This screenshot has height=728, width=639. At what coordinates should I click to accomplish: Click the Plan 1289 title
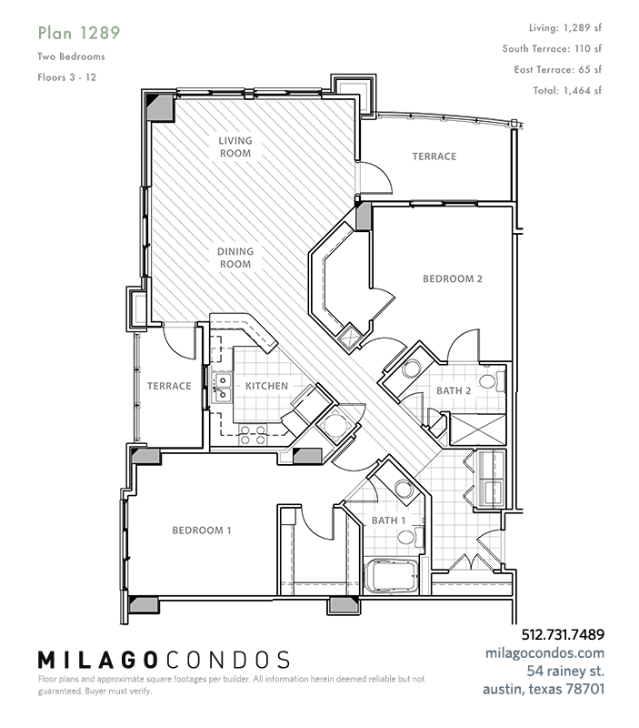point(79,33)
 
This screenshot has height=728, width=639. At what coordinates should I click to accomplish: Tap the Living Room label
point(235,147)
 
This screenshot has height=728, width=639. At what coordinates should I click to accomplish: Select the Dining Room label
point(235,258)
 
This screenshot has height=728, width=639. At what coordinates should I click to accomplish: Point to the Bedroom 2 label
point(453,278)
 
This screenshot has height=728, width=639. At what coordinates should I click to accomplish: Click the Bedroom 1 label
point(202,531)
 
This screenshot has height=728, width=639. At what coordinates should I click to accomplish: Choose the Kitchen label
point(266,386)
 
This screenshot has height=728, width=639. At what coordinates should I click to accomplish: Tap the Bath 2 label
point(454,391)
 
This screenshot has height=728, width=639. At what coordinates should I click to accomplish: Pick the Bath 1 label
point(389,521)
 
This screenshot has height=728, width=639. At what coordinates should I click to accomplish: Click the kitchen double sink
point(221,388)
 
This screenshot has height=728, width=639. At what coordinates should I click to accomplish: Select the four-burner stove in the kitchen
point(254,435)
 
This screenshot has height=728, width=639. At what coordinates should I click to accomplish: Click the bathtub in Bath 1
point(392,577)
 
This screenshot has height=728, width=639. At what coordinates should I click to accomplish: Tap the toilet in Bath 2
point(492,380)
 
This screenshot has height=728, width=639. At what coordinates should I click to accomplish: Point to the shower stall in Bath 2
point(477,430)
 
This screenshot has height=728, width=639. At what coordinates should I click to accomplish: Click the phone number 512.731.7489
point(563,634)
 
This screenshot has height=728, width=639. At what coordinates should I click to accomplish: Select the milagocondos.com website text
point(544,653)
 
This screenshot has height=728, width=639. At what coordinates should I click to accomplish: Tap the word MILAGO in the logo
point(96,660)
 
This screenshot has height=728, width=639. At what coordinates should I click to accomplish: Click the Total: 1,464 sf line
point(567,90)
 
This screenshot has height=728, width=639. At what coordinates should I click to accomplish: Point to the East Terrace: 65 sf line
point(558,70)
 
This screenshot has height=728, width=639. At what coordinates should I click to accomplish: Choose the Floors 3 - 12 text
point(66,77)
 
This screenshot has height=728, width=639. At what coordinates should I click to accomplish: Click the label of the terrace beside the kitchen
point(169,386)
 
